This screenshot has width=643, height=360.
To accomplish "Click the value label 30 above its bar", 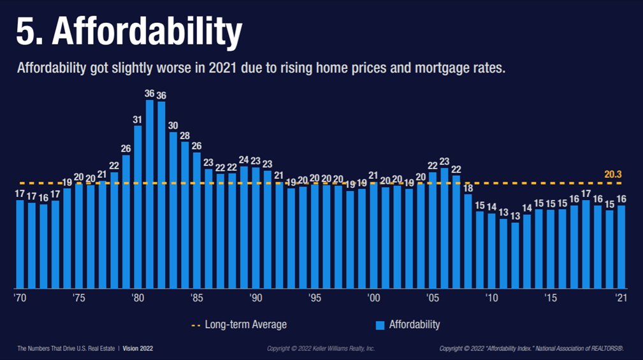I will coord(173,126).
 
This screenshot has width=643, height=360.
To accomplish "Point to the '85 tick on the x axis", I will coord(196,299).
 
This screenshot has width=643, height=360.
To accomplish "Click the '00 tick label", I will coord(373,299).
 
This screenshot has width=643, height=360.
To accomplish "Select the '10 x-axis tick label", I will coord(491,299).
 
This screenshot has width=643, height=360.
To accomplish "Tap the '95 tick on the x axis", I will coord(314,299).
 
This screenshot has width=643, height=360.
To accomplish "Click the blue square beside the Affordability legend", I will coord(380,326).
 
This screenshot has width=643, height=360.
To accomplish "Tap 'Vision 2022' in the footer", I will coord(138,349).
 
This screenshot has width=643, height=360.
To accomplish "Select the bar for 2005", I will coord(432,230).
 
